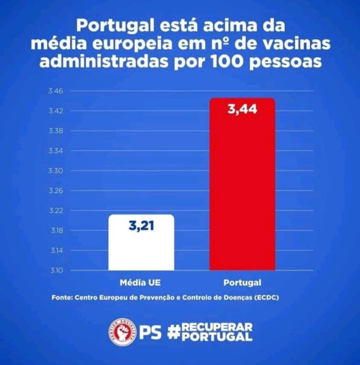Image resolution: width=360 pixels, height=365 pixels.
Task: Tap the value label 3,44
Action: (242, 109)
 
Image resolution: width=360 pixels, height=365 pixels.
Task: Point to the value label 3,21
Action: (141, 226)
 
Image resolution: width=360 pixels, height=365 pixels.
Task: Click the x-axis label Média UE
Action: (141, 282)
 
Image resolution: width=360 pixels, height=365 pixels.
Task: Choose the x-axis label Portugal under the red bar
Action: (242, 282)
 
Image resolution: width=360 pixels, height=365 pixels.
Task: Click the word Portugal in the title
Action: (114, 25)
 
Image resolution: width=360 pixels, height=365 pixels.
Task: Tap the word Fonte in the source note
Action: (61, 298)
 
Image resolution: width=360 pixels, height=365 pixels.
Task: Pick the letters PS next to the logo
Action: (150, 332)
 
